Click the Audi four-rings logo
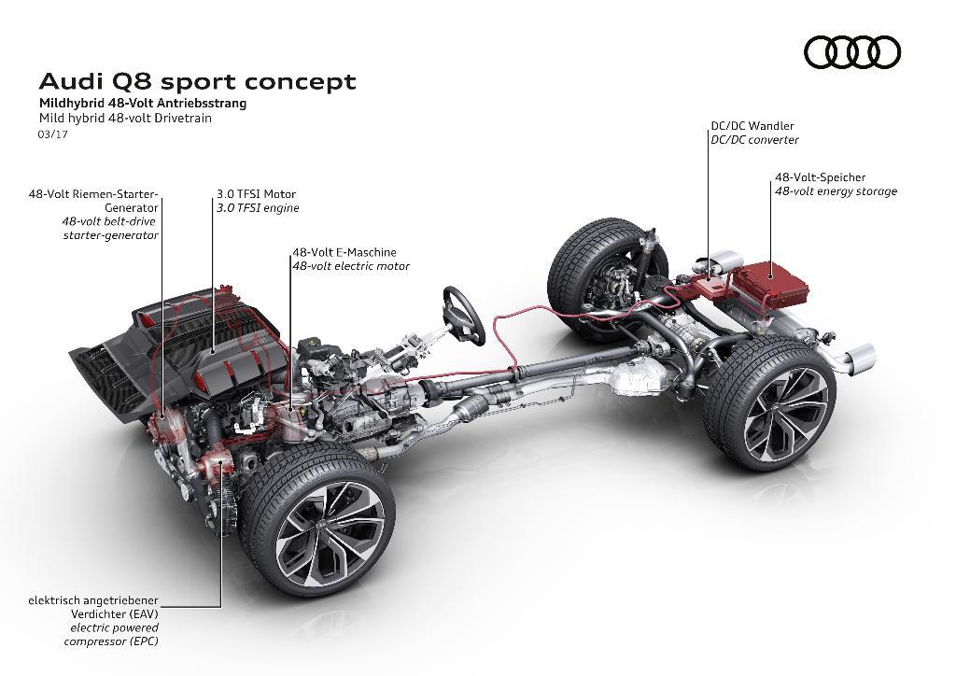click(851, 52)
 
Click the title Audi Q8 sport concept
click(197, 81)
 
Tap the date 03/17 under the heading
click(52, 134)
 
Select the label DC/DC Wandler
click(752, 125)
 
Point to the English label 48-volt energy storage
click(835, 191)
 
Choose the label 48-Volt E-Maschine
click(344, 252)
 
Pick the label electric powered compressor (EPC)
click(114, 635)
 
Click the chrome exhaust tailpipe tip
click(862, 359)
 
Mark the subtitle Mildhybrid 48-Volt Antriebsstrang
click(142, 104)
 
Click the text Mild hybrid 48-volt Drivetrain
click(125, 119)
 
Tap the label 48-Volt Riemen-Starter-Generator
click(93, 201)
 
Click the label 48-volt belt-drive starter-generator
click(109, 229)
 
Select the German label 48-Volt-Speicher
click(820, 176)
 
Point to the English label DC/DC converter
click(754, 140)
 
